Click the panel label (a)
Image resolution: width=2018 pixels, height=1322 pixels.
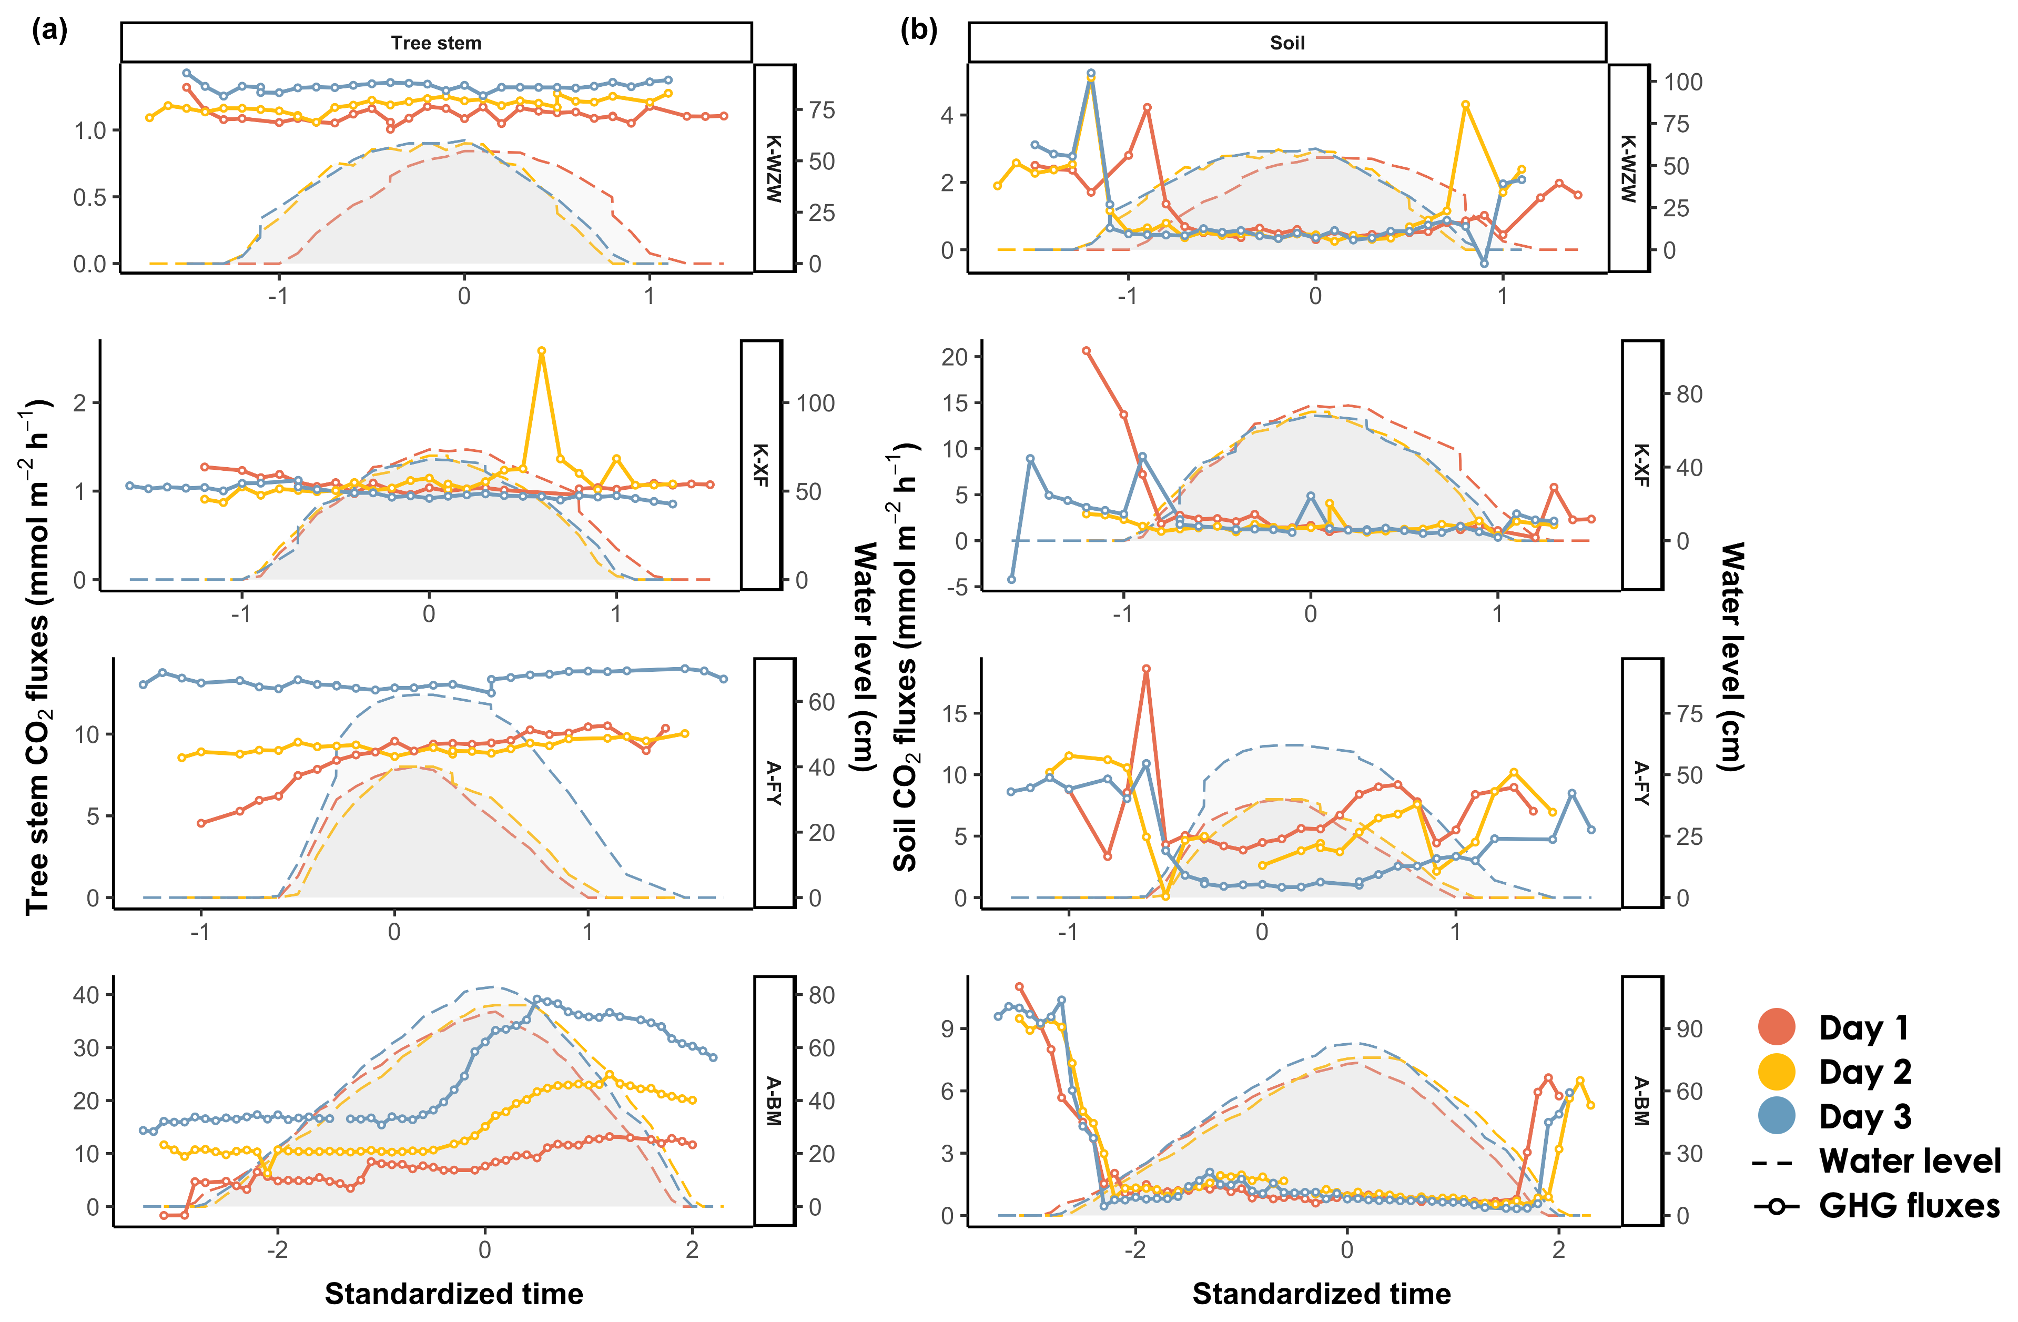49,31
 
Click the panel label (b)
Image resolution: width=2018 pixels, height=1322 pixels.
918,31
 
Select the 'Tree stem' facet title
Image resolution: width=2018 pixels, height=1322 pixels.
436,43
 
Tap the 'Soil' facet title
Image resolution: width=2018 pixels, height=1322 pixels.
1286,43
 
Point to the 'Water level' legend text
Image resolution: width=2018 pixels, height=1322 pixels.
1910,1161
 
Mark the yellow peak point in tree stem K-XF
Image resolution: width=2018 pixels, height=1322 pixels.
542,350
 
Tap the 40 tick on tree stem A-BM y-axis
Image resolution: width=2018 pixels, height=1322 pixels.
86,995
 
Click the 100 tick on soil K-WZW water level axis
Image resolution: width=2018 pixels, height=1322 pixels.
1682,82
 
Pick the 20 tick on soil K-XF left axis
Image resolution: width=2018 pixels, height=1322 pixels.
955,357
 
